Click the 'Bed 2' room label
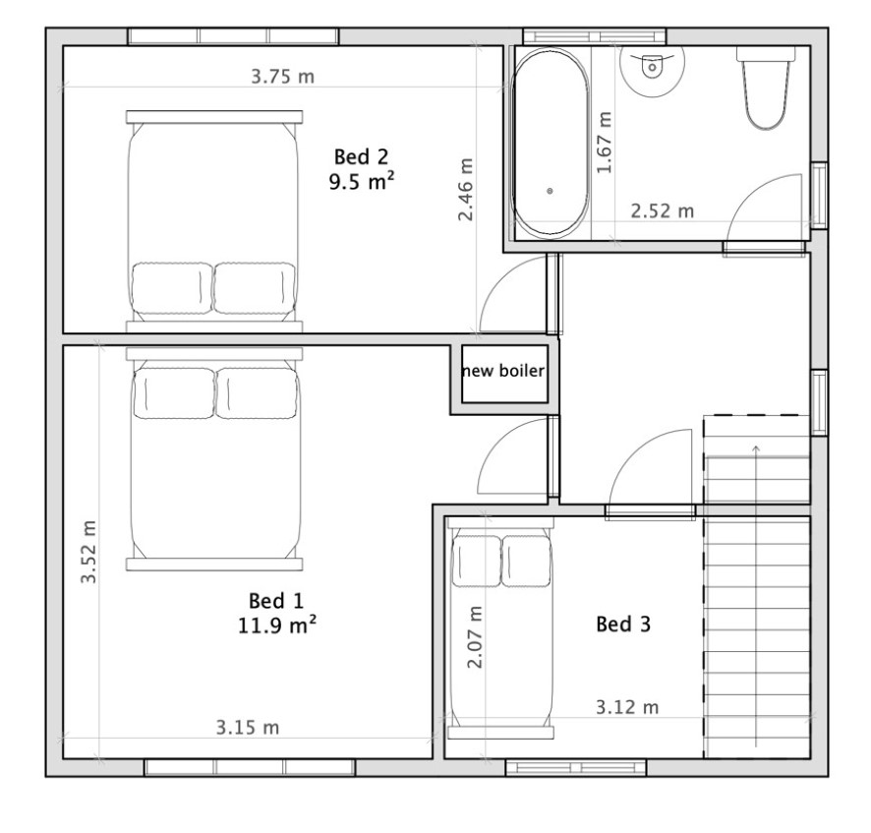click(361, 156)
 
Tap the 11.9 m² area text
click(277, 625)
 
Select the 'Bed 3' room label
click(622, 625)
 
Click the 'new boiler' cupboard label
click(503, 371)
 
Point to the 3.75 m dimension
click(283, 76)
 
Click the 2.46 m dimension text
click(466, 190)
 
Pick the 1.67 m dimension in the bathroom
click(604, 143)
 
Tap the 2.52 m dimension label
click(663, 211)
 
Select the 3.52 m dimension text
click(88, 552)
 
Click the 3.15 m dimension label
click(247, 728)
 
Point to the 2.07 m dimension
click(475, 637)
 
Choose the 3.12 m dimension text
click(627, 707)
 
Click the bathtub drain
click(550, 191)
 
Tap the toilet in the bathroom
click(767, 88)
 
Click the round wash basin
click(652, 67)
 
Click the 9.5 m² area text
click(361, 182)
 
